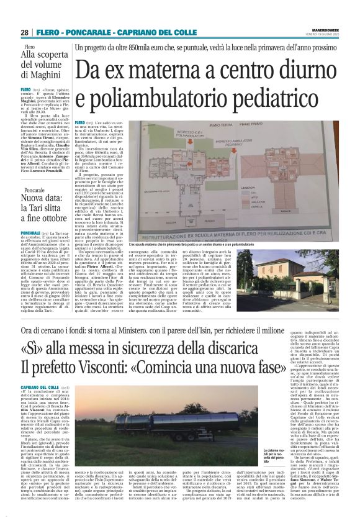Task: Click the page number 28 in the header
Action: [25, 32]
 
